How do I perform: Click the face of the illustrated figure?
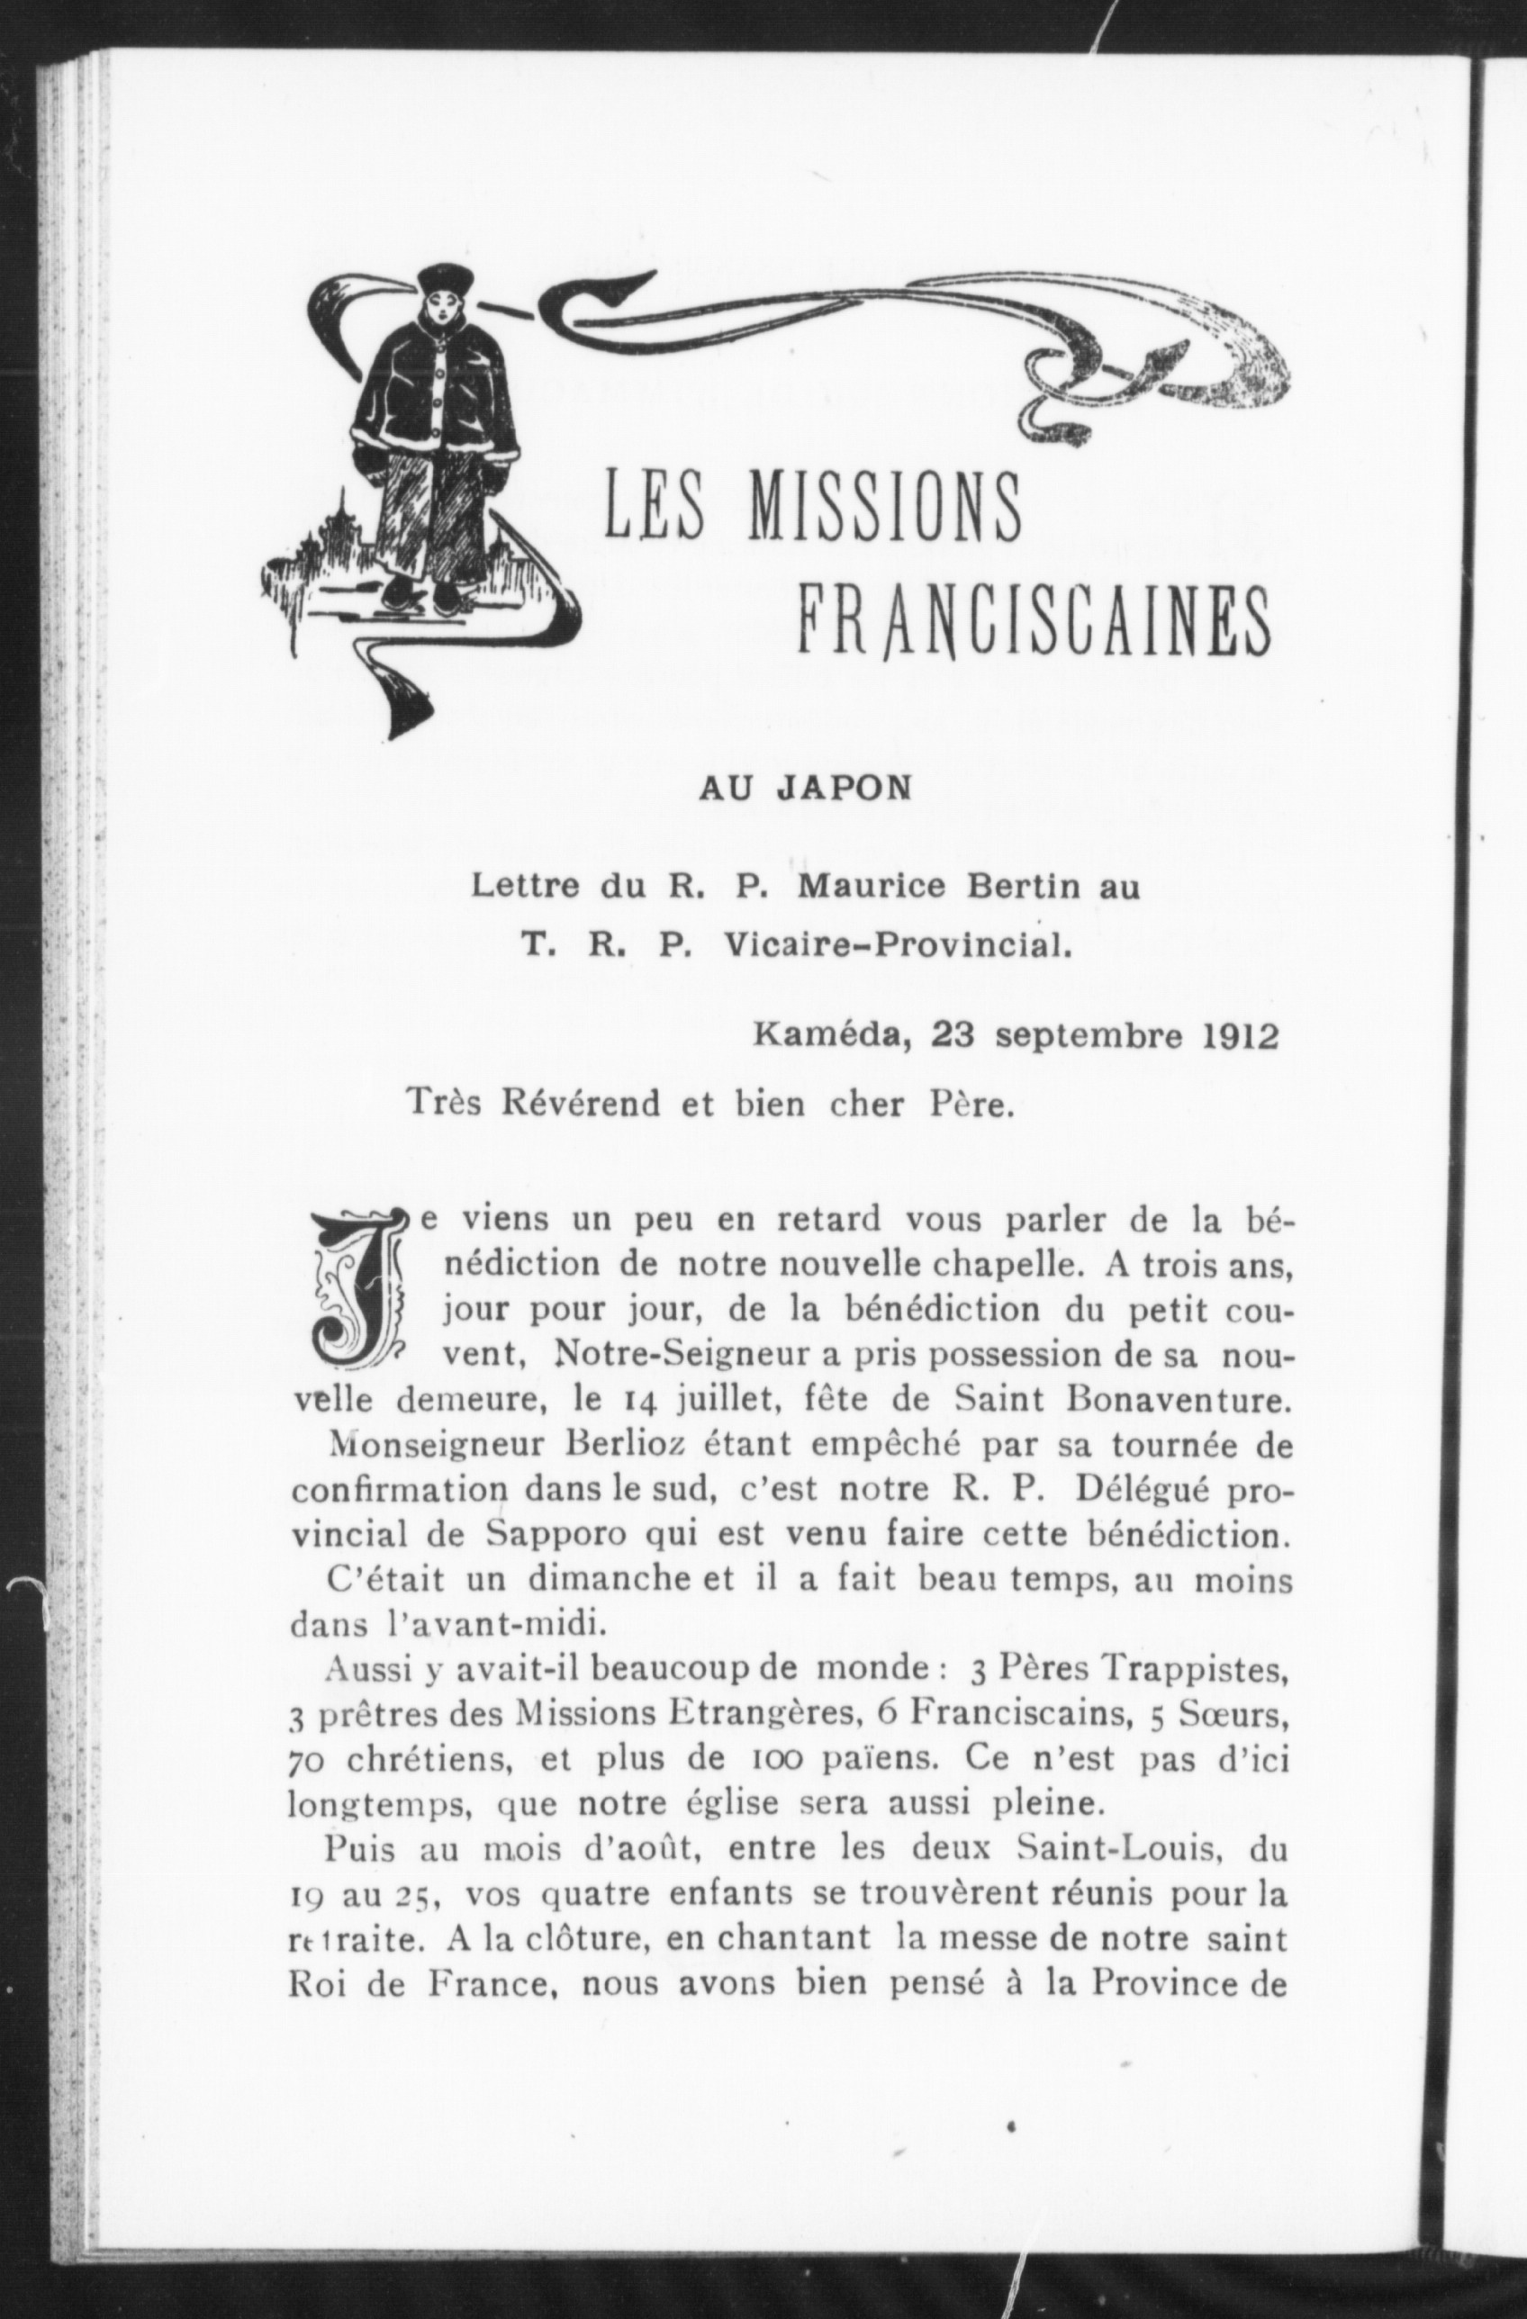[x=434, y=314]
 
